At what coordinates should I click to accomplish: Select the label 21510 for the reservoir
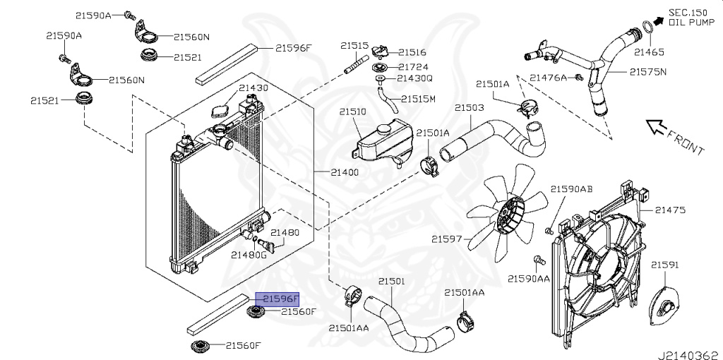[352, 112]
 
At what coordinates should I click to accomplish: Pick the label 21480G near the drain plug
[248, 255]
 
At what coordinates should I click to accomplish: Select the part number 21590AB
[571, 189]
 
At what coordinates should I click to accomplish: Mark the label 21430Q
[414, 78]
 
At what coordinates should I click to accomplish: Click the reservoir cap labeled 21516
[381, 52]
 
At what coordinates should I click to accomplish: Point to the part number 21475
[670, 210]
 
